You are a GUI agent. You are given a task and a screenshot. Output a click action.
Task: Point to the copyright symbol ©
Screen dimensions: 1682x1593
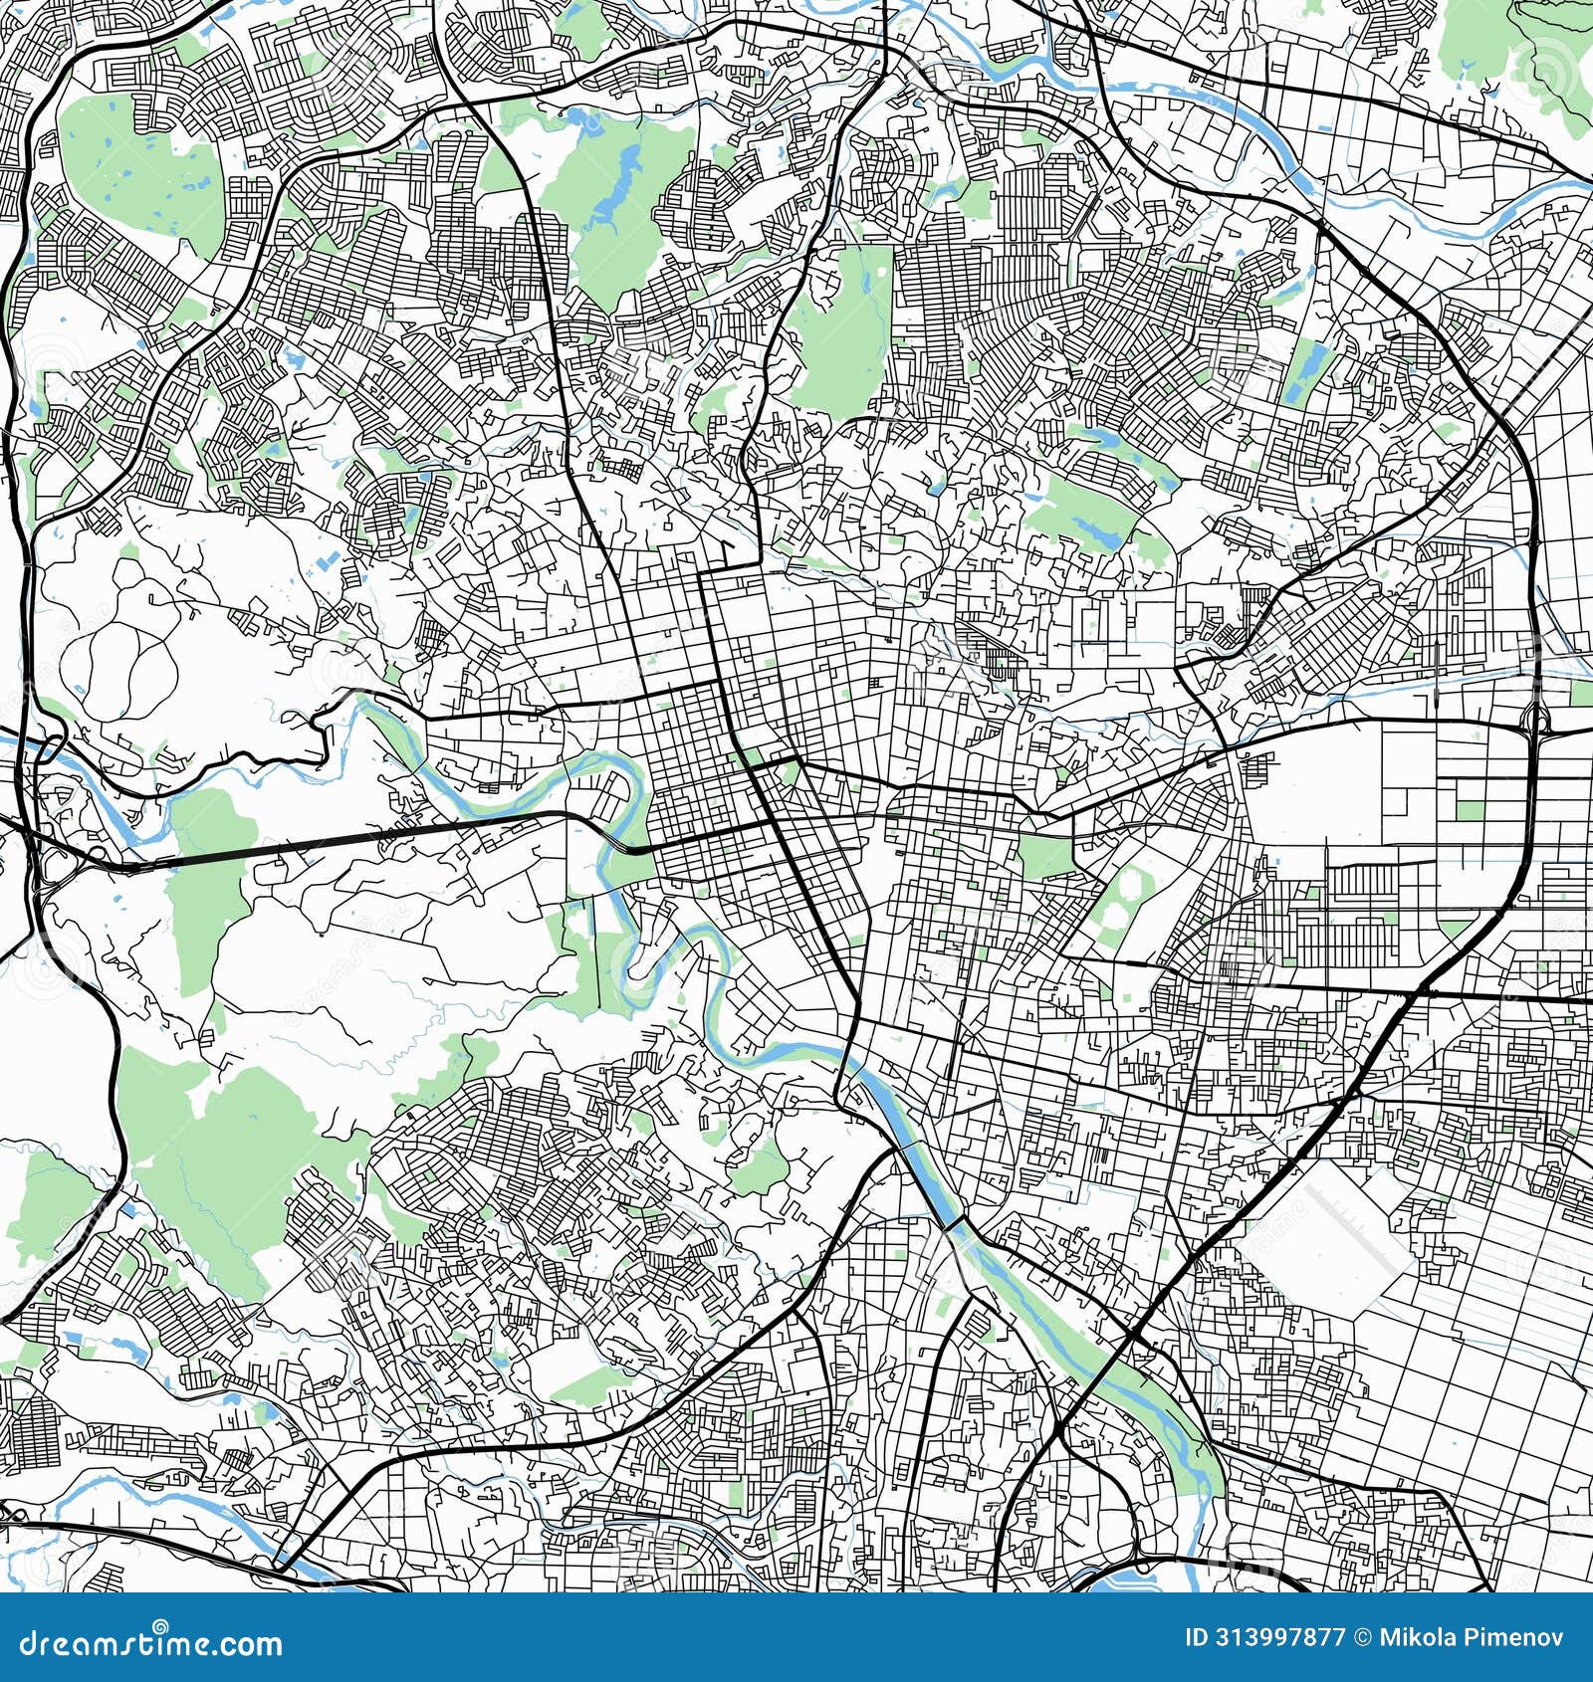click(1361, 1637)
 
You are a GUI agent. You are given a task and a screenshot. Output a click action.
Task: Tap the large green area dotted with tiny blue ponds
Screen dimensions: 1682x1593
click(139, 169)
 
